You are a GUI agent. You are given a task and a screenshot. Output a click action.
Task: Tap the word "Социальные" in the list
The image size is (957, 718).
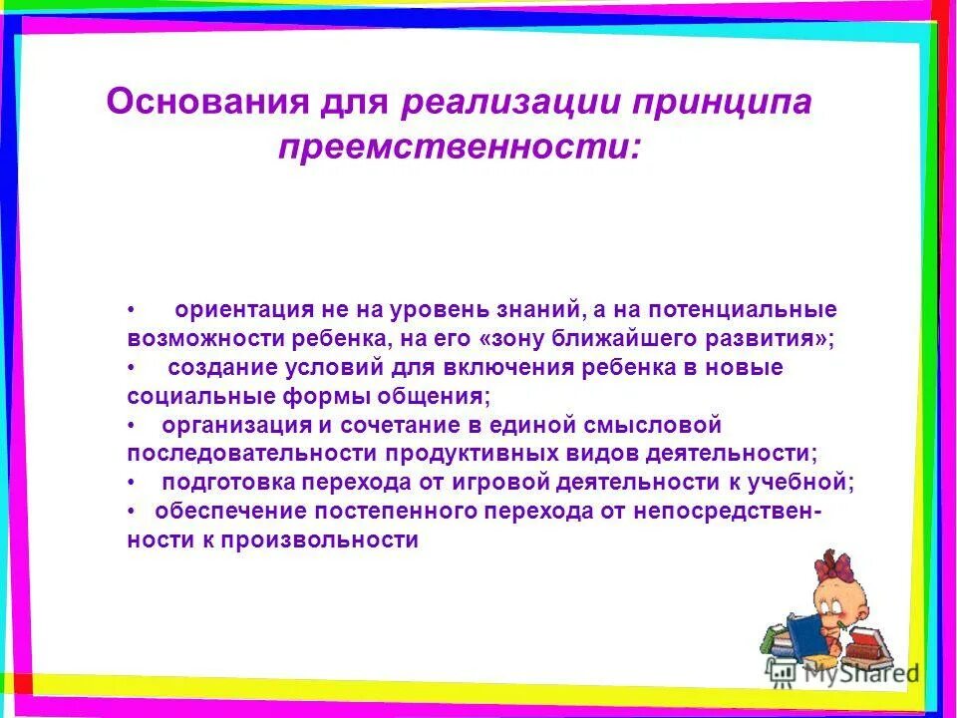(191, 396)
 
